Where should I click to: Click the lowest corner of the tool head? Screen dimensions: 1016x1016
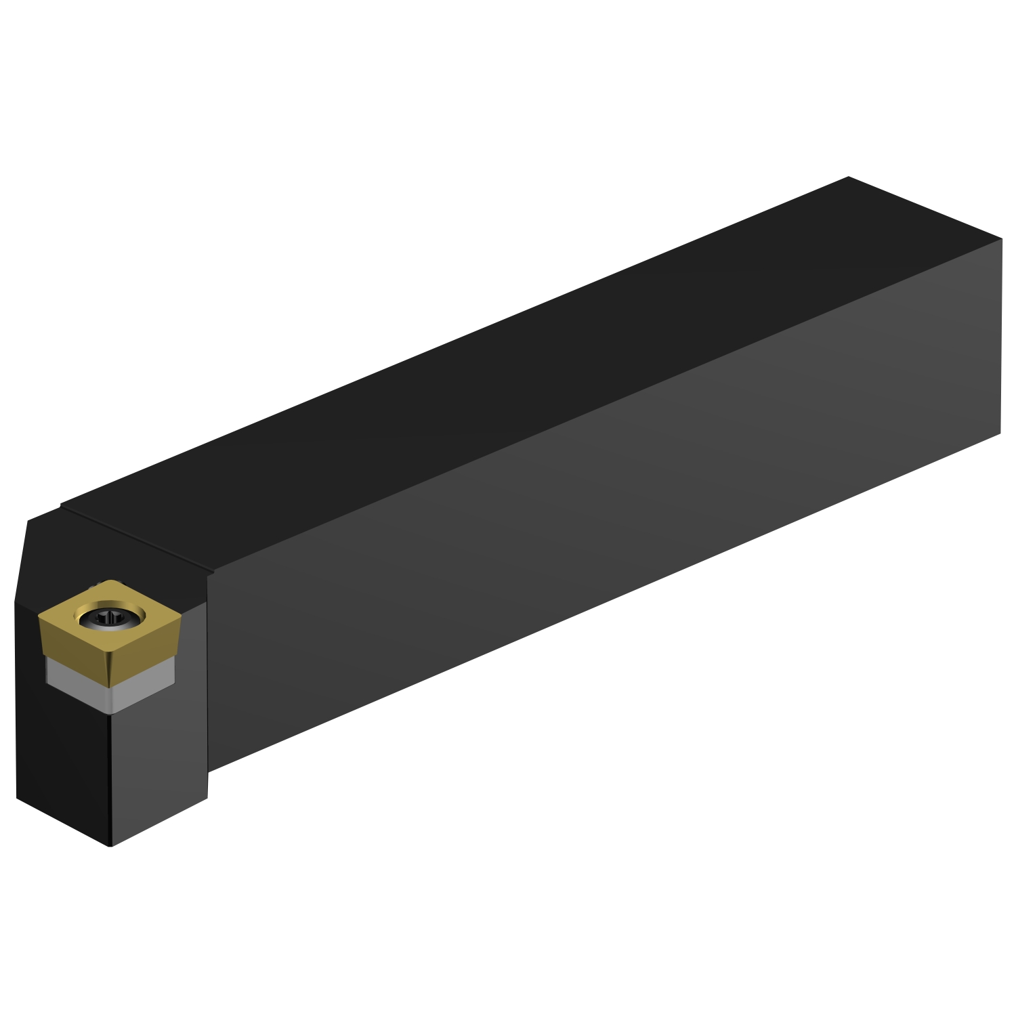pos(110,845)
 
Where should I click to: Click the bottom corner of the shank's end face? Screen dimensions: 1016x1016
pos(1000,433)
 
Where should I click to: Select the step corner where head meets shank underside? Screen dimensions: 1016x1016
pos(207,771)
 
